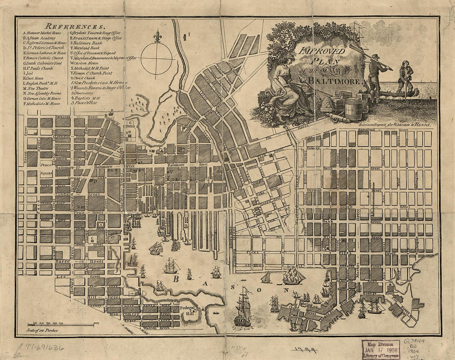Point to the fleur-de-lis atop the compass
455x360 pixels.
click(x=157, y=37)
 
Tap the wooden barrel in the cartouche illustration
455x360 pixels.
click(x=353, y=109)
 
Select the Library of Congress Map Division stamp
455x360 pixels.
click(x=381, y=349)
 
